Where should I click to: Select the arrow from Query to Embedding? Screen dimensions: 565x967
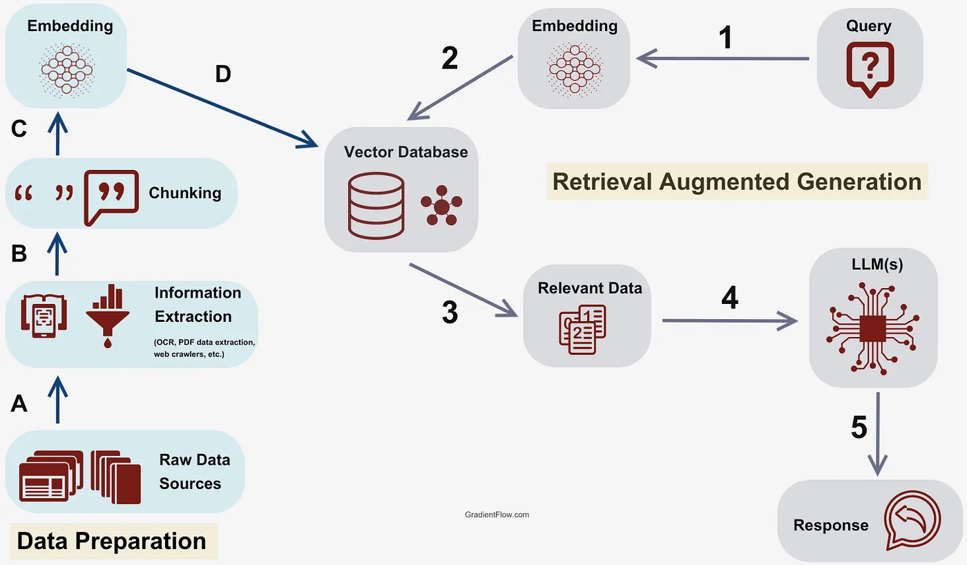(x=722, y=59)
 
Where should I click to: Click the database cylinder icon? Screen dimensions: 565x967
(x=376, y=205)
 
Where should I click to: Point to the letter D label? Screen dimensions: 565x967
(x=222, y=74)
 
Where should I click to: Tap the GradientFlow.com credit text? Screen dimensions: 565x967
(x=497, y=515)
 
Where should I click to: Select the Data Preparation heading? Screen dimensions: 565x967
(x=112, y=541)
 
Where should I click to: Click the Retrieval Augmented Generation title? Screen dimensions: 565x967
(x=737, y=182)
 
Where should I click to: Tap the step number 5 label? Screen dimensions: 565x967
(x=859, y=428)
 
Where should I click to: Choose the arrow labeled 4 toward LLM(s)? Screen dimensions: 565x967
(x=729, y=320)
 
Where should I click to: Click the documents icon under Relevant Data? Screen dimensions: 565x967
(x=585, y=329)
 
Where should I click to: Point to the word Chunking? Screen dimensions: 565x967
(x=185, y=193)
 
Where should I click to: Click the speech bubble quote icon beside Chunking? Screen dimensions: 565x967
(x=110, y=197)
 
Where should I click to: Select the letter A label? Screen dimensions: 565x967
(x=19, y=403)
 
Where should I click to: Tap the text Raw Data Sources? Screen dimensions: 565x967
(x=194, y=472)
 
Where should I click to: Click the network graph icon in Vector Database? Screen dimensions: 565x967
(x=441, y=205)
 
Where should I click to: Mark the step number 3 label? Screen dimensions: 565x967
(x=450, y=313)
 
